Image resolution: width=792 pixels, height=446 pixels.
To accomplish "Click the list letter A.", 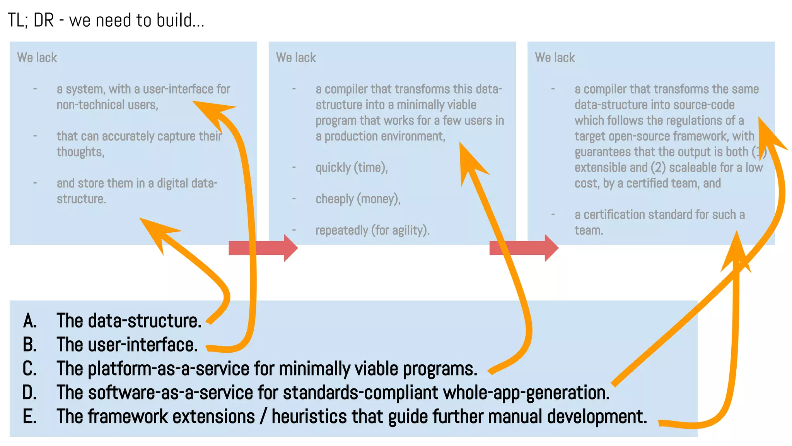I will (30, 321).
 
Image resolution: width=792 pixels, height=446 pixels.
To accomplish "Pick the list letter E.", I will (30, 417).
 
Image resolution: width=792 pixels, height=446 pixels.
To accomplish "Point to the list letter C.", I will (30, 369).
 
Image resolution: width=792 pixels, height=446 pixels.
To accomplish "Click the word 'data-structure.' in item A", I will (145, 321).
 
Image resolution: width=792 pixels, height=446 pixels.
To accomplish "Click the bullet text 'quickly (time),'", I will (352, 168).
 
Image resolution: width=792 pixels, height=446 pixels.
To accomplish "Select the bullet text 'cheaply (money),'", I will (358, 199).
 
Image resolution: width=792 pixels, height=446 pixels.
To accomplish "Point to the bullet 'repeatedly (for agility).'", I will (372, 230).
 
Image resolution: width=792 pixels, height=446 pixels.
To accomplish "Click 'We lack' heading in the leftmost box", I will (37, 58).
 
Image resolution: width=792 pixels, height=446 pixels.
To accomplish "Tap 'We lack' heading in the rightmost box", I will (555, 58).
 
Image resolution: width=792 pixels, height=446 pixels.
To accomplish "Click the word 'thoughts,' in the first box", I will (80, 152).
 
